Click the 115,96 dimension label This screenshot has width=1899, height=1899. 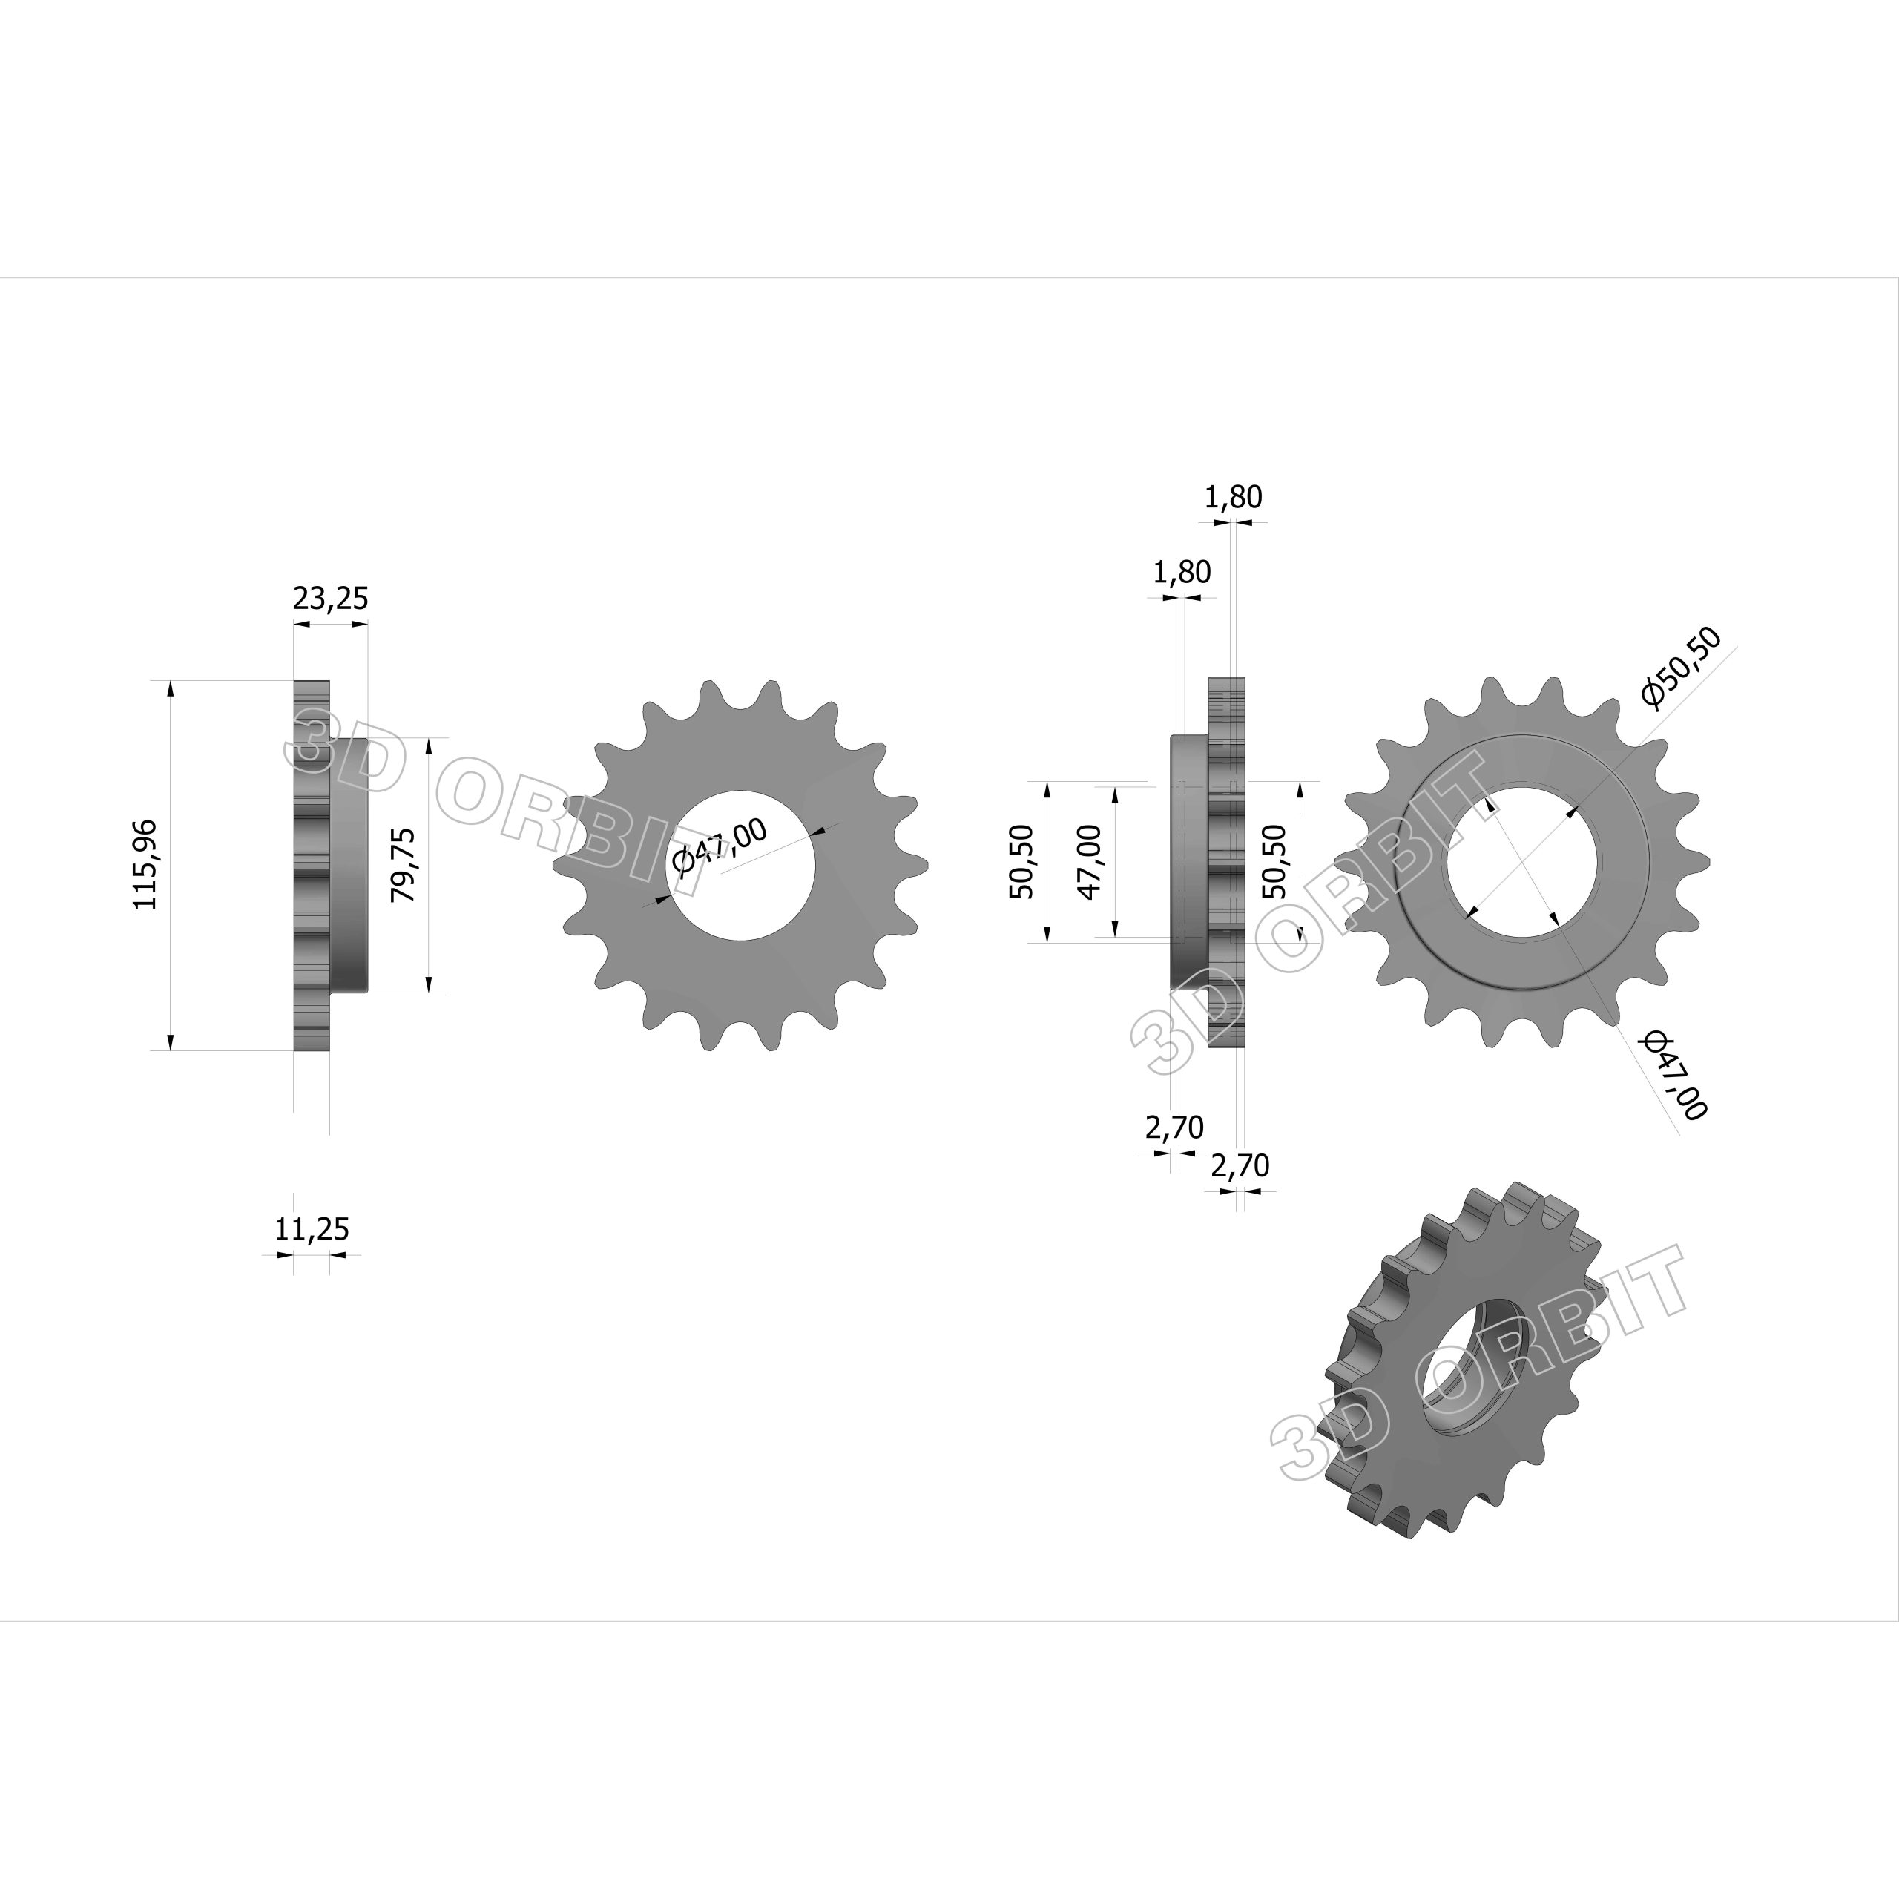click(x=145, y=864)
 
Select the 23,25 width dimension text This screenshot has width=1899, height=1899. click(x=330, y=598)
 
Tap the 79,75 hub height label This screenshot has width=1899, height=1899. click(x=403, y=865)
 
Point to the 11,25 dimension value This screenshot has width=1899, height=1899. click(x=312, y=1228)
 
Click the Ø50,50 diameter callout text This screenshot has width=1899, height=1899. click(x=1681, y=668)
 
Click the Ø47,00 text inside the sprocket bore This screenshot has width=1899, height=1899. click(x=720, y=847)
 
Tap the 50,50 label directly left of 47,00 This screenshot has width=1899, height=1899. click(x=1021, y=862)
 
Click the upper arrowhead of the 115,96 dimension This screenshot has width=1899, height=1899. click(x=172, y=689)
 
